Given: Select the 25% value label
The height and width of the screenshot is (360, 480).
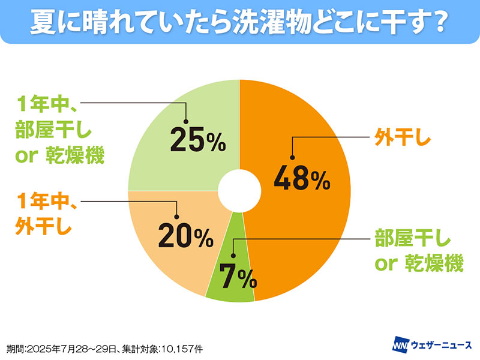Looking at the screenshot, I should [x=197, y=140].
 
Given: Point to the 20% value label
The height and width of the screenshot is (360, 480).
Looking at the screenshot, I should [x=185, y=236].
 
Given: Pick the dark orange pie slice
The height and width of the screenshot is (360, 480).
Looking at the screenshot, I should [x=312, y=228].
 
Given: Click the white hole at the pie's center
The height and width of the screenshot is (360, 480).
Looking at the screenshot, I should [x=239, y=191].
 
